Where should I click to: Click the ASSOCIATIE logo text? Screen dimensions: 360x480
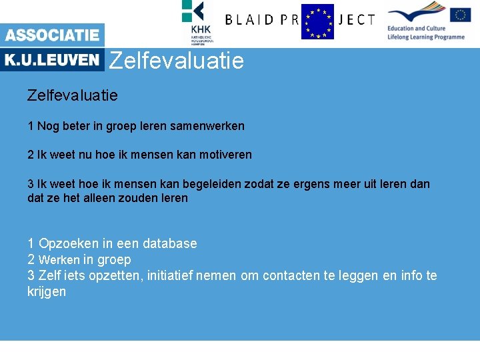[52, 35]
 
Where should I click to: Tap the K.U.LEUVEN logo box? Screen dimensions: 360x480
[52, 60]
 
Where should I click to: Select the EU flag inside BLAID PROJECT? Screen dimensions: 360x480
[317, 22]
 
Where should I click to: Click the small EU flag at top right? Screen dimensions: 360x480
[460, 15]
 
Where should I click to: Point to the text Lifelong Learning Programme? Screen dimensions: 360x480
[425, 37]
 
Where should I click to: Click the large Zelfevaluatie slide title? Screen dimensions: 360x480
[177, 61]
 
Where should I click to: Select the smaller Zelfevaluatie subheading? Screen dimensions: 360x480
[72, 95]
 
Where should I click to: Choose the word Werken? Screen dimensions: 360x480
[59, 260]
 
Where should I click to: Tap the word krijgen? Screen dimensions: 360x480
[47, 292]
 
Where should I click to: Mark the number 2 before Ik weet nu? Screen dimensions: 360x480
[31, 155]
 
